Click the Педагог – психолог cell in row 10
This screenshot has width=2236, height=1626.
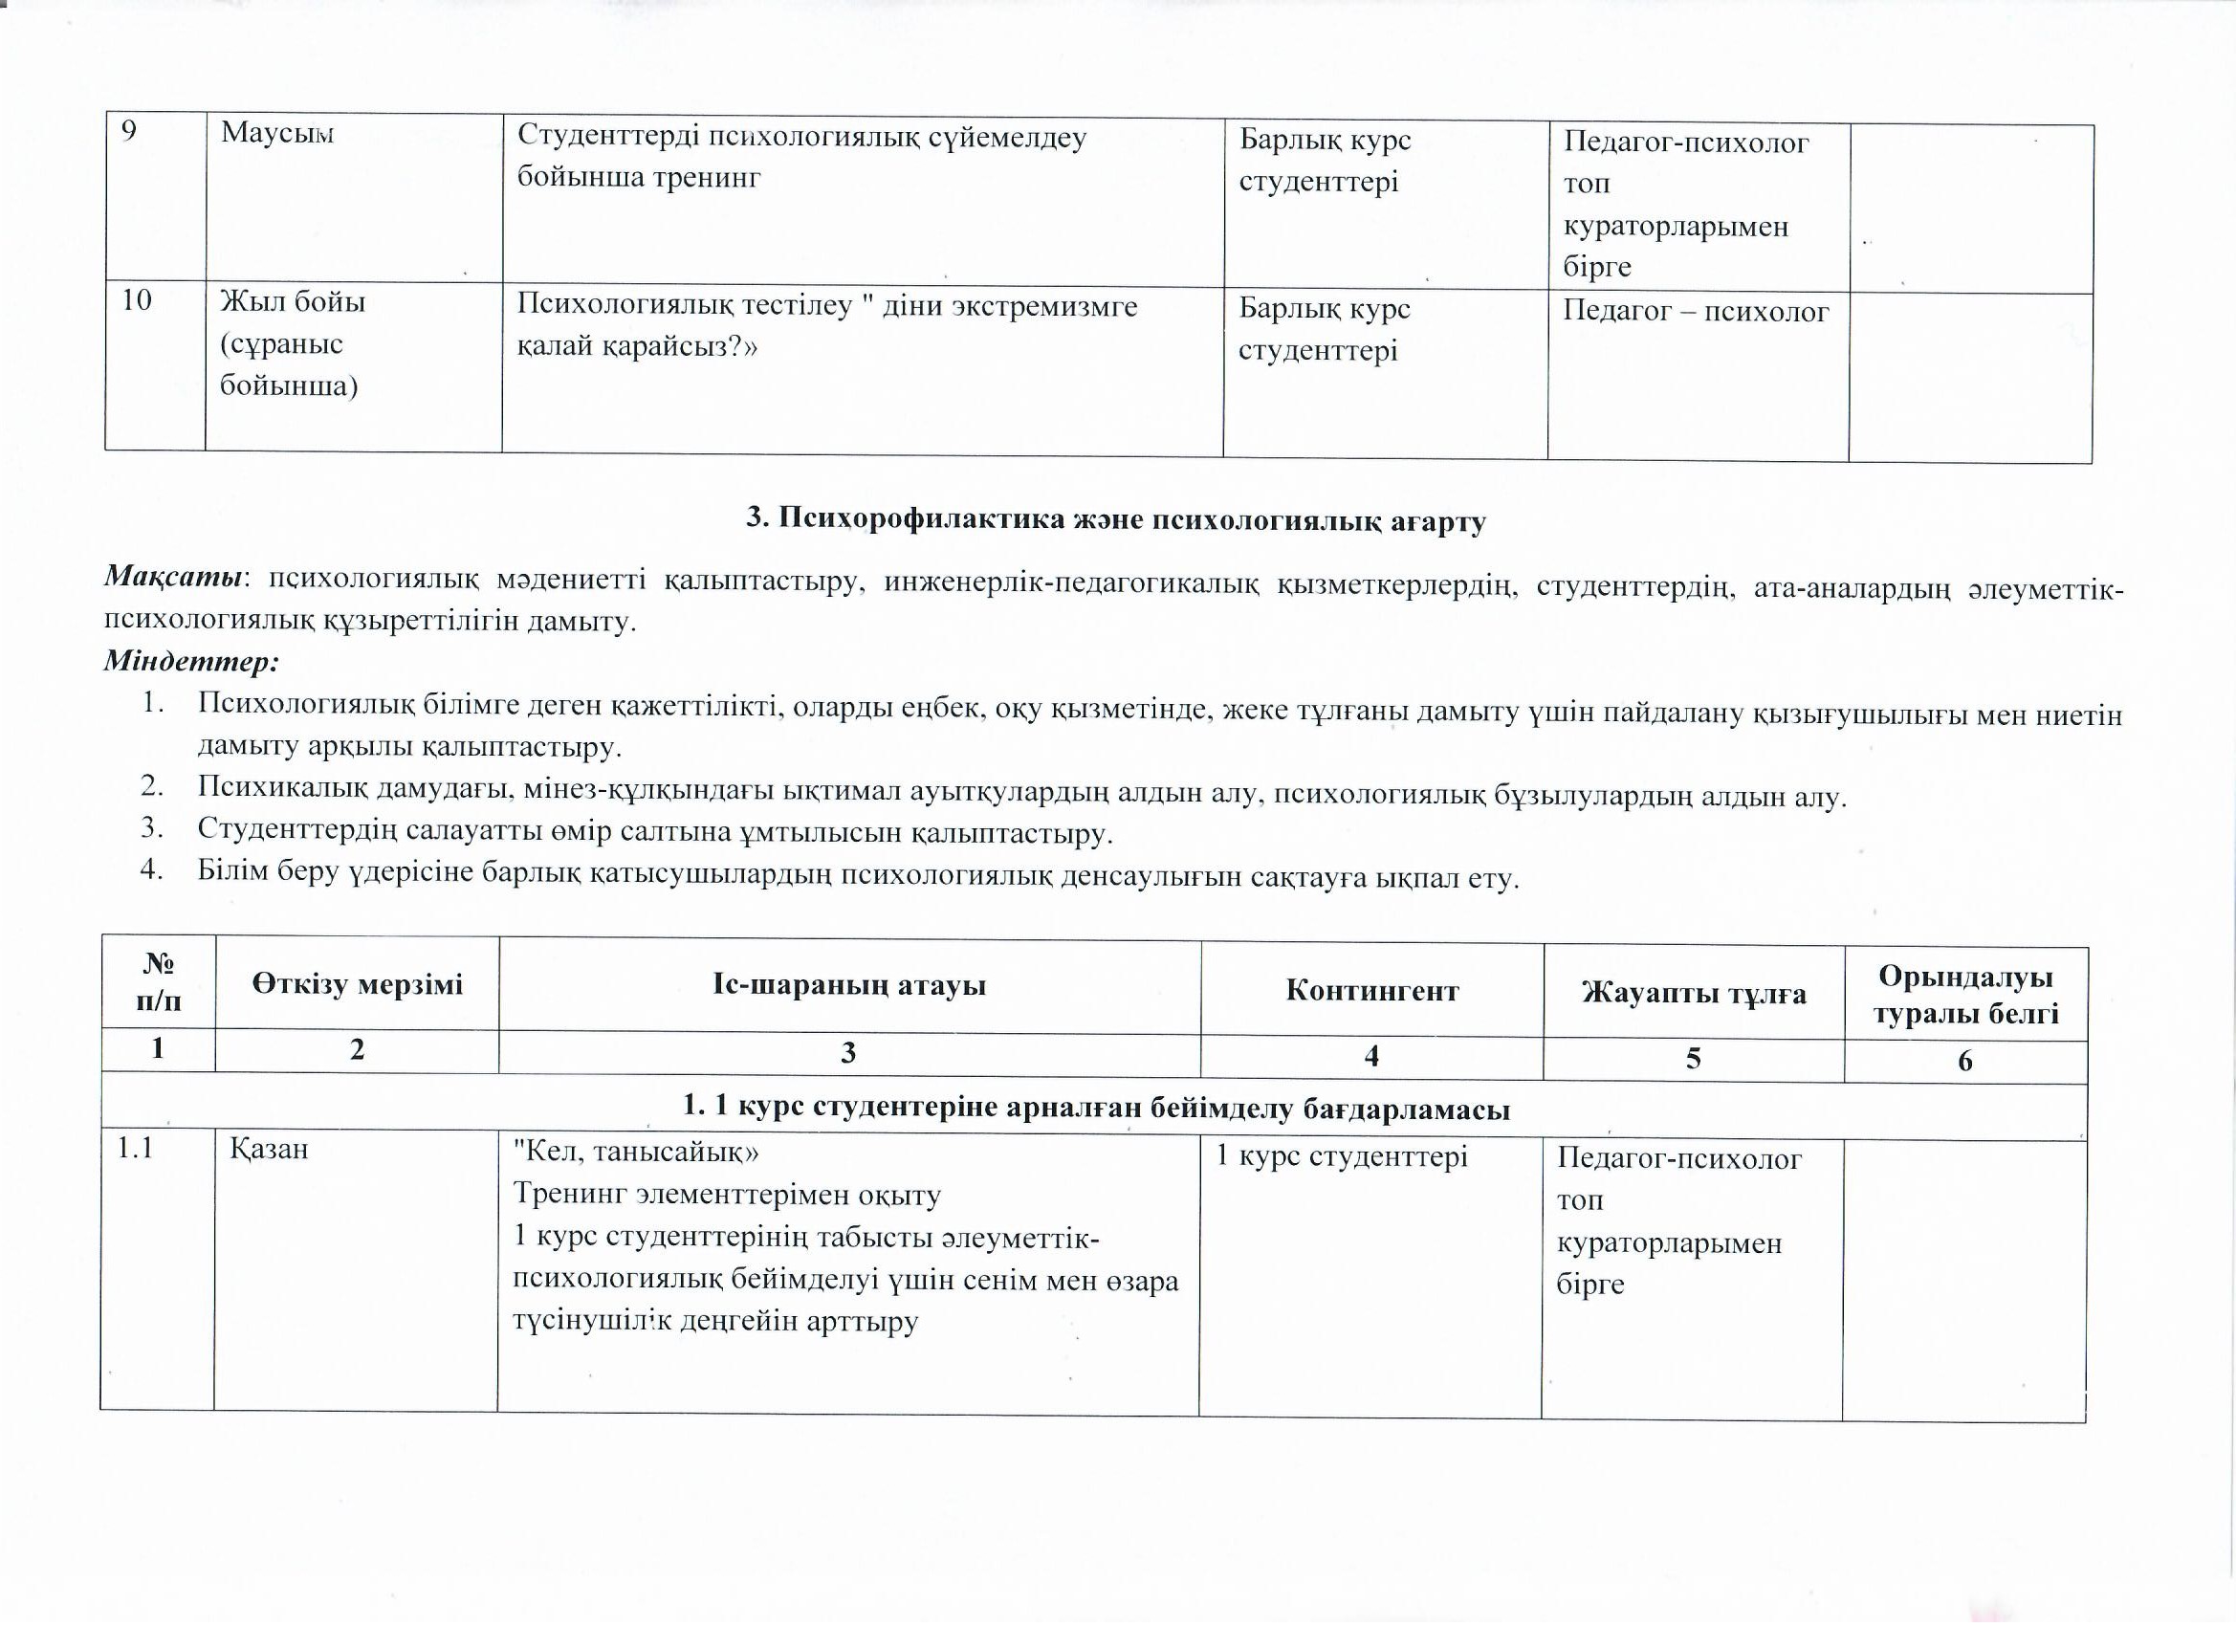click(1696, 312)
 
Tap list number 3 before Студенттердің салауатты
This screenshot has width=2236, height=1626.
click(151, 827)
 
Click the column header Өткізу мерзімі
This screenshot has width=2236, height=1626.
click(357, 984)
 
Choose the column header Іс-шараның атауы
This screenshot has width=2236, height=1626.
click(849, 985)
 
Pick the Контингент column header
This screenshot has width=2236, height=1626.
click(1371, 990)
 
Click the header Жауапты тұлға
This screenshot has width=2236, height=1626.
click(1694, 993)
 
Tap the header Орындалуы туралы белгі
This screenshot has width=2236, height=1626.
click(1965, 995)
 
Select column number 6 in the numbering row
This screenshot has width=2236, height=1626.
click(1965, 1061)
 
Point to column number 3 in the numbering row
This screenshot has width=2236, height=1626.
click(848, 1053)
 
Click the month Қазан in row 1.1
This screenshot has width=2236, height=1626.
click(269, 1150)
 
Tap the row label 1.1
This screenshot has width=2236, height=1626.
click(135, 1149)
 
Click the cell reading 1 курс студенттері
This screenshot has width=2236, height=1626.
click(1342, 1156)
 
